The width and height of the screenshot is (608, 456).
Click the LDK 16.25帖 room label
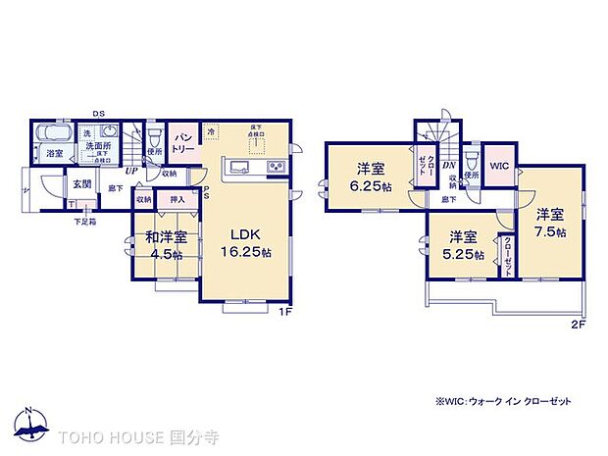[245, 242]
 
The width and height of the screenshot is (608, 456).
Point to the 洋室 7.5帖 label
[550, 223]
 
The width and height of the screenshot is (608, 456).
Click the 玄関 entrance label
[80, 184]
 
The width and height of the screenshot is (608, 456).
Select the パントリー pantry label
[182, 143]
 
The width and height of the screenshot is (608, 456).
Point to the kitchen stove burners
[276, 168]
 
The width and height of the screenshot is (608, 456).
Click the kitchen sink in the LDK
[240, 168]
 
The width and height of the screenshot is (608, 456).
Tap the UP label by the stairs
[128, 170]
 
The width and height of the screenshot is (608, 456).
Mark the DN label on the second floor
[447, 166]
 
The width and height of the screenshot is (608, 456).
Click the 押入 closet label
[177, 199]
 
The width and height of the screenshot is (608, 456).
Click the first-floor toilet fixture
[155, 134]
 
